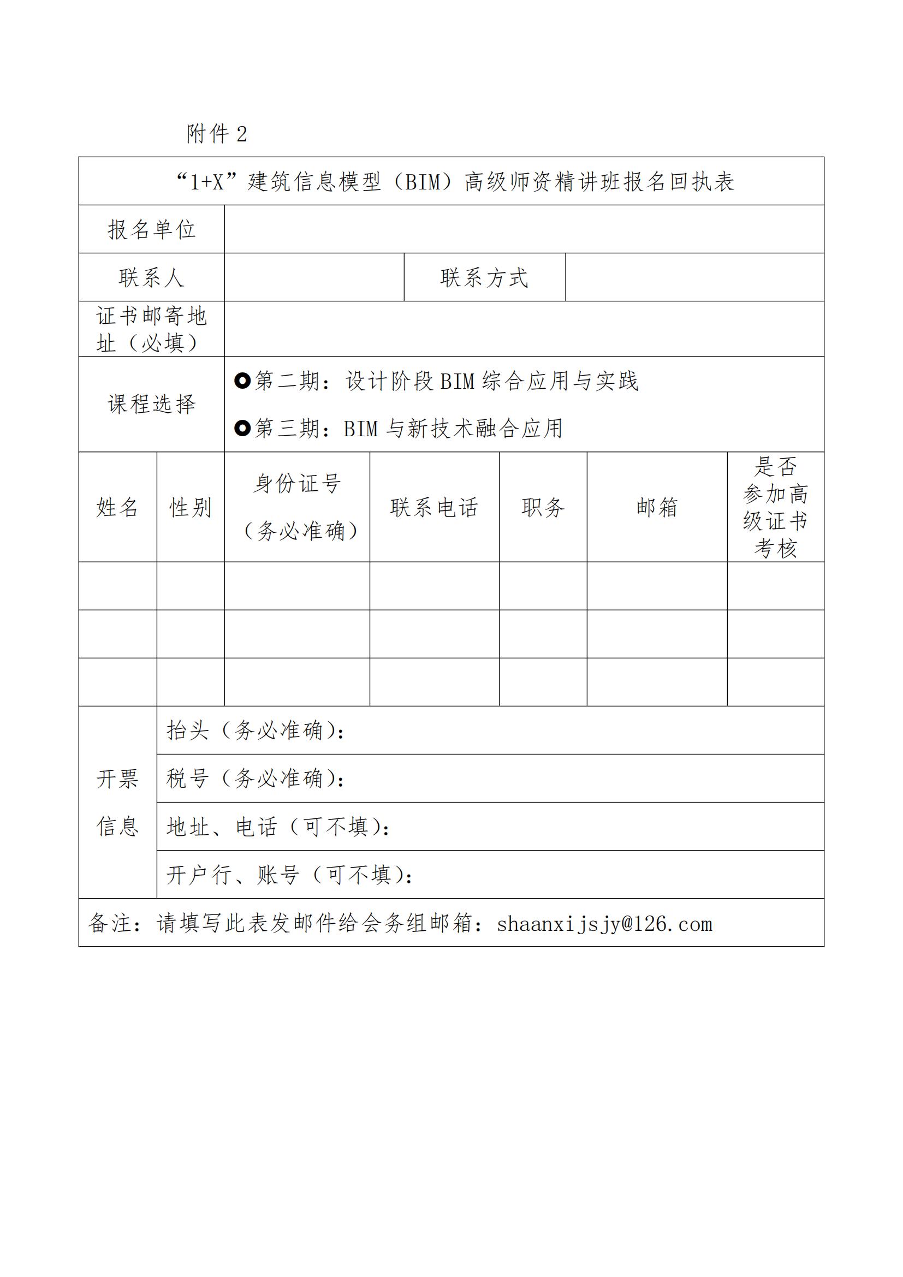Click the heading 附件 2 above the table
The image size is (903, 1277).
(217, 134)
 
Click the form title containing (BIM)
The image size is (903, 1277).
(455, 182)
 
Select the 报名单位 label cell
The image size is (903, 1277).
(151, 230)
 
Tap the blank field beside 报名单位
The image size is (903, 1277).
(524, 230)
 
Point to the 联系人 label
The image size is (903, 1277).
(151, 277)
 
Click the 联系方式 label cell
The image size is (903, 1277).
(484, 277)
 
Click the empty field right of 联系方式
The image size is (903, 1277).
(694, 277)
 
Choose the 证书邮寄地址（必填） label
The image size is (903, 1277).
(151, 329)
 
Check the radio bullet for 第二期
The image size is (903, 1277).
(242, 381)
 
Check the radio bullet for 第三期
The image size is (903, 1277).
(242, 428)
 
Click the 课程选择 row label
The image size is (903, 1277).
(151, 405)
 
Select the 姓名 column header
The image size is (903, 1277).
(117, 507)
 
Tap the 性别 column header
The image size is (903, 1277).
(190, 507)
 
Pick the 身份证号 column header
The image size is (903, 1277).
(297, 483)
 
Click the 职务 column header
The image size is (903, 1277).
(543, 507)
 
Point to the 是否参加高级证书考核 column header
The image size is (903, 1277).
(775, 507)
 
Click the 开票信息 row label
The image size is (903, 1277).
(117, 802)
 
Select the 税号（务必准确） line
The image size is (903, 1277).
(256, 778)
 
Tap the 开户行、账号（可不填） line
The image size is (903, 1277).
(289, 875)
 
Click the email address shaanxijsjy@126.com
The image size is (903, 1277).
(604, 924)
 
